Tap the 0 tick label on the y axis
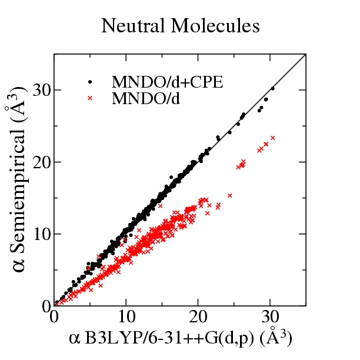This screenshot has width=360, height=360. (45, 306)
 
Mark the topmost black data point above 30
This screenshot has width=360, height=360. (272, 88)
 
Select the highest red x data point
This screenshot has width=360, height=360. (272, 138)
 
